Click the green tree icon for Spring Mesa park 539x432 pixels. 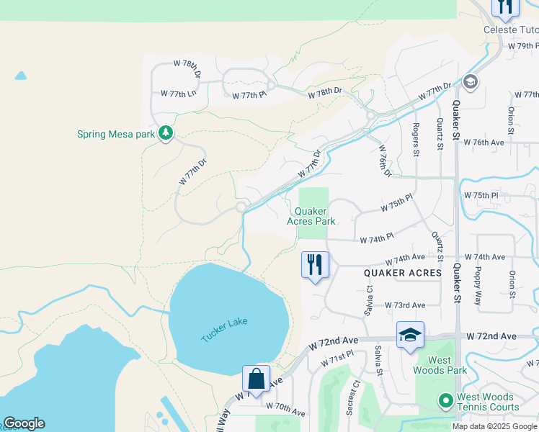pos(166,134)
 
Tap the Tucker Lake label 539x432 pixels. pos(223,330)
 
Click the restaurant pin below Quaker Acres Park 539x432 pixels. pos(314,265)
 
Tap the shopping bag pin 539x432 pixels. pos(256,379)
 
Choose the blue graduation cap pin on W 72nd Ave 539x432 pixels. pos(410,335)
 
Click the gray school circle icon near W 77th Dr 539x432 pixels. pos(471,81)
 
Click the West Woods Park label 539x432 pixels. pos(433,365)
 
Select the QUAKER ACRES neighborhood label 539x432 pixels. pos(402,273)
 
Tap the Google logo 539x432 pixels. pos(24,423)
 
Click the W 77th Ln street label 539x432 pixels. pos(178,94)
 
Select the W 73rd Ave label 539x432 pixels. pos(404,305)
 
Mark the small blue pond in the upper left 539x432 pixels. pos(20,75)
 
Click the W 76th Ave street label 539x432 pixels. pos(484,143)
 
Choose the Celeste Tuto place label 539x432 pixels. pos(509,30)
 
